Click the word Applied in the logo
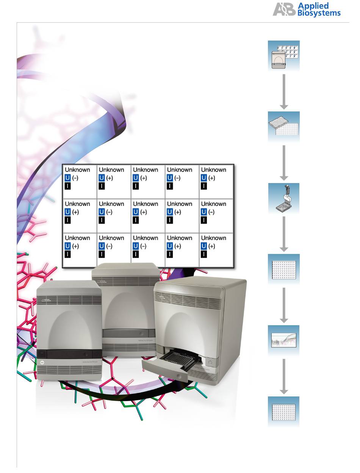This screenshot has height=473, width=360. pyautogui.click(x=313, y=6)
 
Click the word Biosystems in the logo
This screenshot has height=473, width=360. pyautogui.click(x=319, y=13)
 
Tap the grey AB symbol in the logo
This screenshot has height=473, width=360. pyautogui.click(x=284, y=9)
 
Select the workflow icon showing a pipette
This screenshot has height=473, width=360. pyautogui.click(x=284, y=198)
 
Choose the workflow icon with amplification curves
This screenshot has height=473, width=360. pyautogui.click(x=284, y=340)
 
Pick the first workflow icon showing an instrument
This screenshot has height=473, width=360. pyautogui.click(x=284, y=56)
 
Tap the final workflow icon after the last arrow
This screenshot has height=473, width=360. pyautogui.click(x=284, y=411)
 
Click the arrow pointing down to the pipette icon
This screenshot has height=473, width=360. pyautogui.click(x=284, y=163)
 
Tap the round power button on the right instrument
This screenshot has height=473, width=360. pyautogui.click(x=211, y=362)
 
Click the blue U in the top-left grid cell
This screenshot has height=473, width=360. pyautogui.click(x=68, y=178)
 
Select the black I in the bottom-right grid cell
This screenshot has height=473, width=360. pyautogui.click(x=204, y=254)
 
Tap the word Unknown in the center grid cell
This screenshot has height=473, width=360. pyautogui.click(x=146, y=204)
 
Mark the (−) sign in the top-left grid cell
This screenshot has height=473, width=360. pyautogui.click(x=75, y=178)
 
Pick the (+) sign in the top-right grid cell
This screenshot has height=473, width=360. pyautogui.click(x=211, y=178)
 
